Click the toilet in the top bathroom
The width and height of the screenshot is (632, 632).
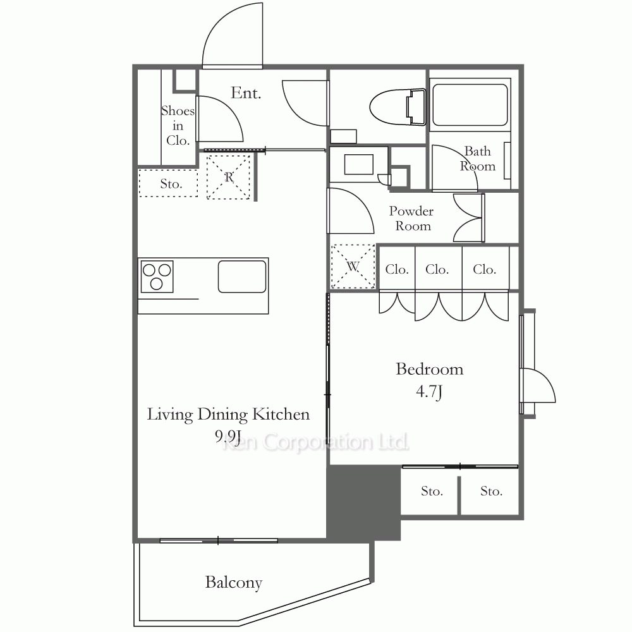[x=398, y=107]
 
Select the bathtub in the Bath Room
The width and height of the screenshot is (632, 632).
[x=470, y=105]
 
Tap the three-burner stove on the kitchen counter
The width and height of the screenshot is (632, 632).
[x=157, y=276]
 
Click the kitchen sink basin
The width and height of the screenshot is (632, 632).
[x=242, y=277]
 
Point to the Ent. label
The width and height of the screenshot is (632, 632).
[x=245, y=93]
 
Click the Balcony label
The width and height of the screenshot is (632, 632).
[x=233, y=583]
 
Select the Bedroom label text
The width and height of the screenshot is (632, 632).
[x=429, y=369]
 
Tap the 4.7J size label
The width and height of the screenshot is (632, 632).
[x=429, y=391]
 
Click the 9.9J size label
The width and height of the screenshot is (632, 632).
[x=228, y=435]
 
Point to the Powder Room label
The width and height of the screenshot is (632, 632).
[x=411, y=219]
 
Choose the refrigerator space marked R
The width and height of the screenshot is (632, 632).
[x=229, y=177]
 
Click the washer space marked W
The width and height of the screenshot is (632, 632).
[x=353, y=267]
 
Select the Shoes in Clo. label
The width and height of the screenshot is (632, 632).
[x=178, y=125]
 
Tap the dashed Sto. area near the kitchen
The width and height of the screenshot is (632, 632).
[x=169, y=183]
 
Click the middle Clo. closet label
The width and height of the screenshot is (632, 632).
[x=437, y=269]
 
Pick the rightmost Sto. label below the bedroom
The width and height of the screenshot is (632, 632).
[x=491, y=491]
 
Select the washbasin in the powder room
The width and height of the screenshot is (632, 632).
[x=359, y=164]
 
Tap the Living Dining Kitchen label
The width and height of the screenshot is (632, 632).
[x=228, y=415]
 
